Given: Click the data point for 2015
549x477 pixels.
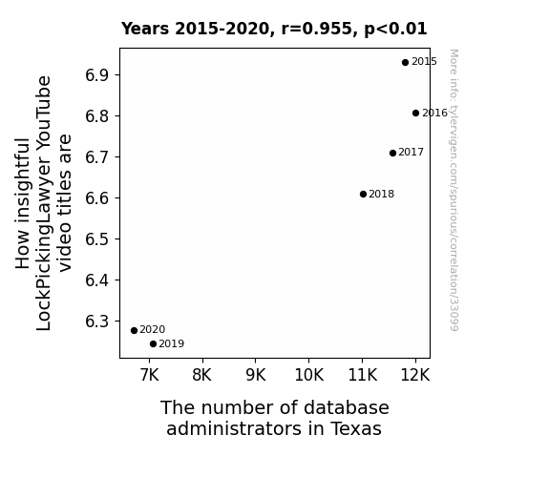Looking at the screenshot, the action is click(x=405, y=63).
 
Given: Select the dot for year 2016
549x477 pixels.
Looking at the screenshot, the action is click(x=415, y=113).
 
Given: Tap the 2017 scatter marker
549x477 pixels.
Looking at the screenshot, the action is click(x=392, y=153).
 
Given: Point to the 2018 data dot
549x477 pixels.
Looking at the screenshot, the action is click(x=363, y=195).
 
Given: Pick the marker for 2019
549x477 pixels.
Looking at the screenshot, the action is click(x=153, y=344).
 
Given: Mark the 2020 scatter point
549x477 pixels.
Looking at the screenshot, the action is click(x=134, y=331).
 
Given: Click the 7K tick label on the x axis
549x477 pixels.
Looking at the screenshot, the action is click(x=150, y=375).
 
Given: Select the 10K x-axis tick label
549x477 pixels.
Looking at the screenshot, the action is click(x=308, y=375).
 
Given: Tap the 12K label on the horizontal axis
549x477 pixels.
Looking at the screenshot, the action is click(x=415, y=375).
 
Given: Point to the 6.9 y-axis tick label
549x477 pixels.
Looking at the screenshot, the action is click(x=97, y=75).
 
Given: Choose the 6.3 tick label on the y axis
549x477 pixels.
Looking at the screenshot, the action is click(x=97, y=321).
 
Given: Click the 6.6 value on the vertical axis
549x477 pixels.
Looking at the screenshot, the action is click(x=97, y=198).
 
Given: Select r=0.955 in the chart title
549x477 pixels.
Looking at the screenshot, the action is click(x=317, y=29).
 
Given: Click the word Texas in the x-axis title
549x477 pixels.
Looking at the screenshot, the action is click(x=355, y=428).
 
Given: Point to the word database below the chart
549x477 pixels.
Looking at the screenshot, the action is click(x=347, y=407).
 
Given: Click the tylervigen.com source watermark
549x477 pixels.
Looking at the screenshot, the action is click(x=454, y=190).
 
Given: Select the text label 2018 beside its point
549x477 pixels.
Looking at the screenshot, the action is click(x=382, y=194).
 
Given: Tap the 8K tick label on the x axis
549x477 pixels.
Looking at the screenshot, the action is click(x=202, y=375).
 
